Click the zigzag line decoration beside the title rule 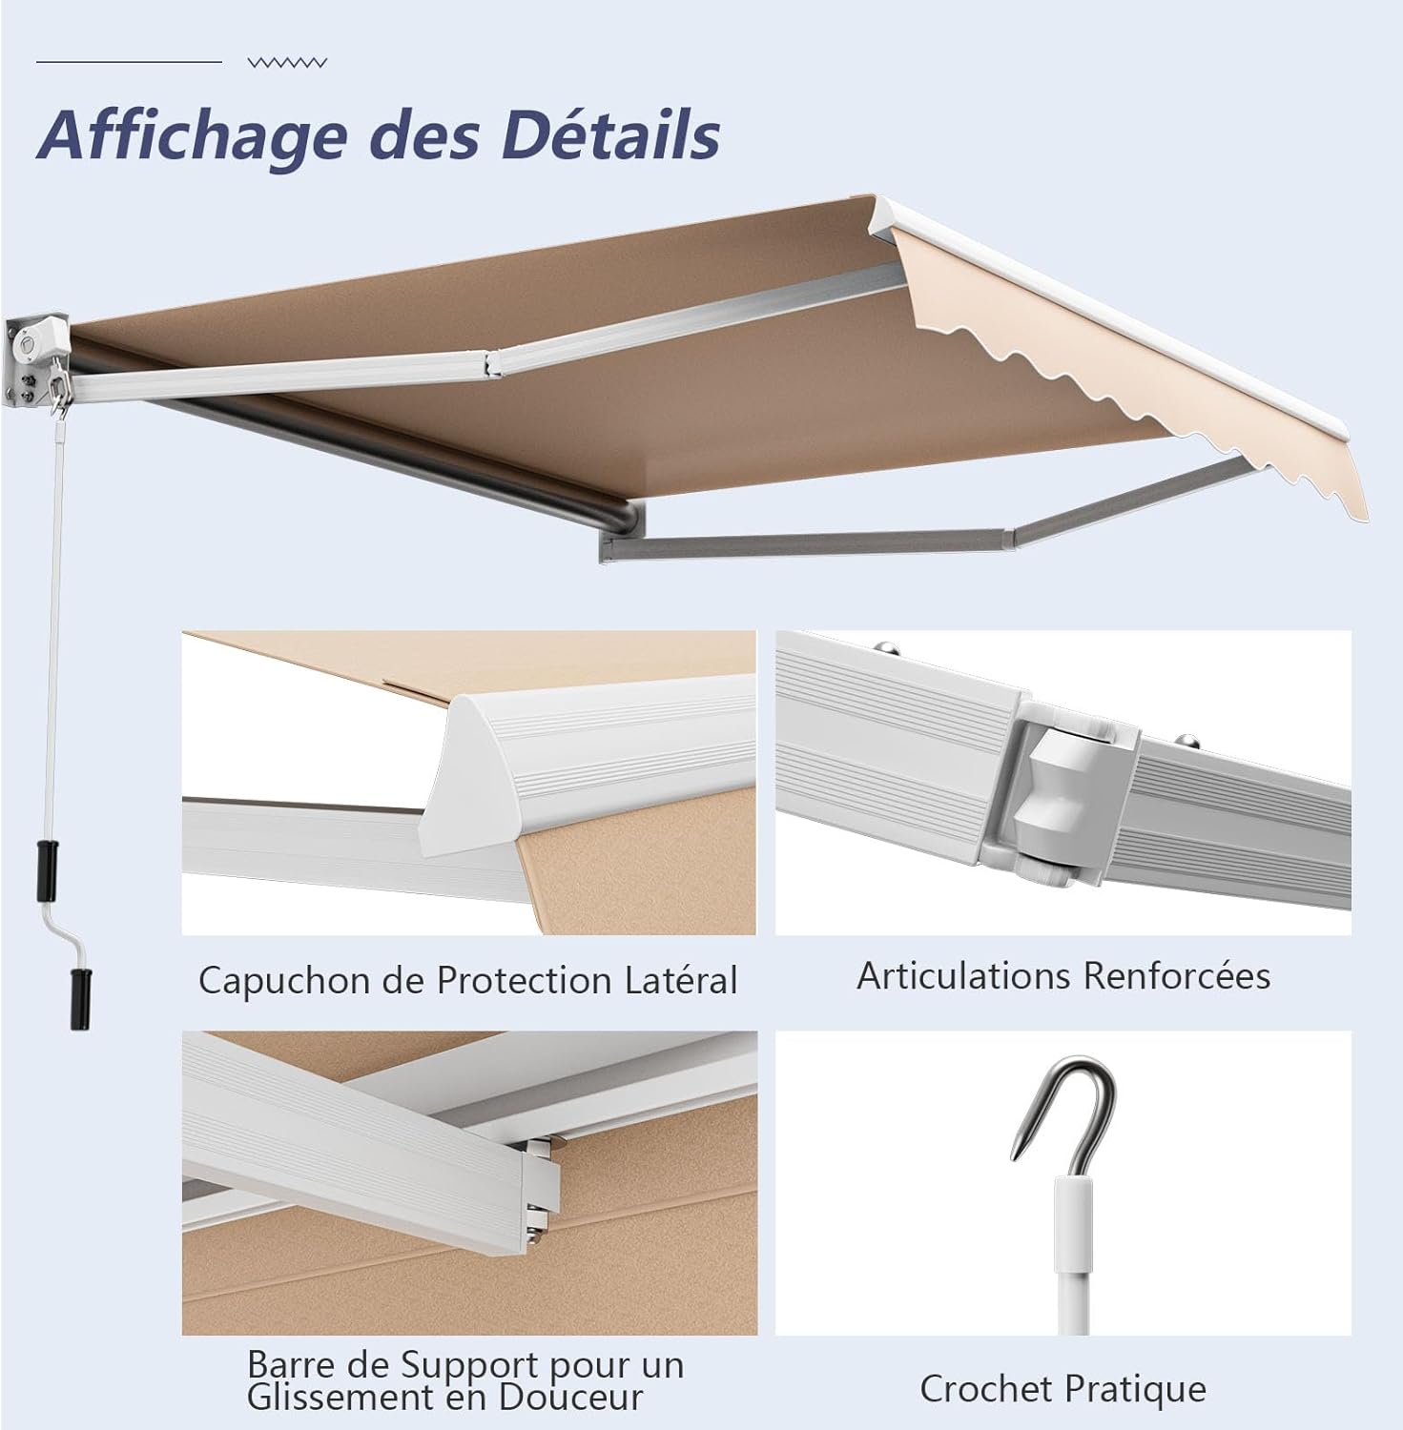pyautogui.click(x=287, y=63)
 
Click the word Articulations pyautogui.click(x=963, y=975)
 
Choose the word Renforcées pyautogui.click(x=1177, y=975)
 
